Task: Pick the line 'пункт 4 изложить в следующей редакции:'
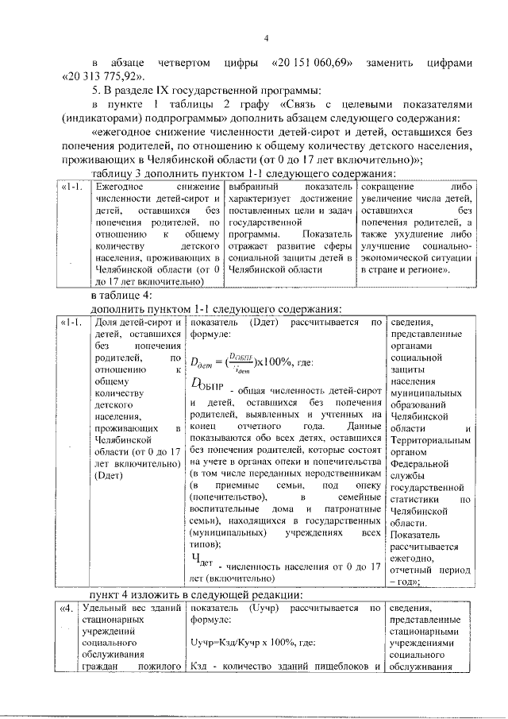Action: click(195, 594)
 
